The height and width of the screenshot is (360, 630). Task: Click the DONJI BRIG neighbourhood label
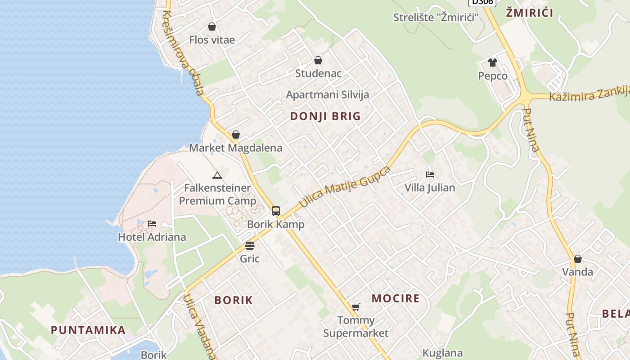tap(325, 116)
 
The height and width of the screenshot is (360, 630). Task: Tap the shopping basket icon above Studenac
tap(318, 60)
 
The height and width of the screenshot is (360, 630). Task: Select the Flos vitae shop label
tap(212, 40)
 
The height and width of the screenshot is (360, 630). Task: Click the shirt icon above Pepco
tap(493, 63)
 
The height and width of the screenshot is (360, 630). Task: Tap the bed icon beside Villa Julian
tap(430, 174)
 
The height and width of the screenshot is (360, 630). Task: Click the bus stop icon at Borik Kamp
tap(276, 211)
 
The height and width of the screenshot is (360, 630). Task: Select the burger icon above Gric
tap(250, 246)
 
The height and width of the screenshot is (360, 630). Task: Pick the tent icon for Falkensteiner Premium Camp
tap(217, 175)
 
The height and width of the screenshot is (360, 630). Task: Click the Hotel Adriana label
tap(152, 237)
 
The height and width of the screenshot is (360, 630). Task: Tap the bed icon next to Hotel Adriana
tap(152, 224)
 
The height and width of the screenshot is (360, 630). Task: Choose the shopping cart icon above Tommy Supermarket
tap(356, 307)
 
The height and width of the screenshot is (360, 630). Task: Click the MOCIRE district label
tap(396, 298)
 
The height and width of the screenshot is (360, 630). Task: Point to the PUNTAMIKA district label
tap(88, 330)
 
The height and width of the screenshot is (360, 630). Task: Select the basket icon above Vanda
tap(578, 259)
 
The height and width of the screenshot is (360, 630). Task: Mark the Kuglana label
tap(443, 353)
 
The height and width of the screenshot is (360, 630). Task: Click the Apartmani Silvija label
tap(328, 94)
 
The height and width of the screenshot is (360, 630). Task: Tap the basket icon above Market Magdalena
tap(236, 135)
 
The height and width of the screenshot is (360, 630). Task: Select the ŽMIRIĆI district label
tap(530, 13)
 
